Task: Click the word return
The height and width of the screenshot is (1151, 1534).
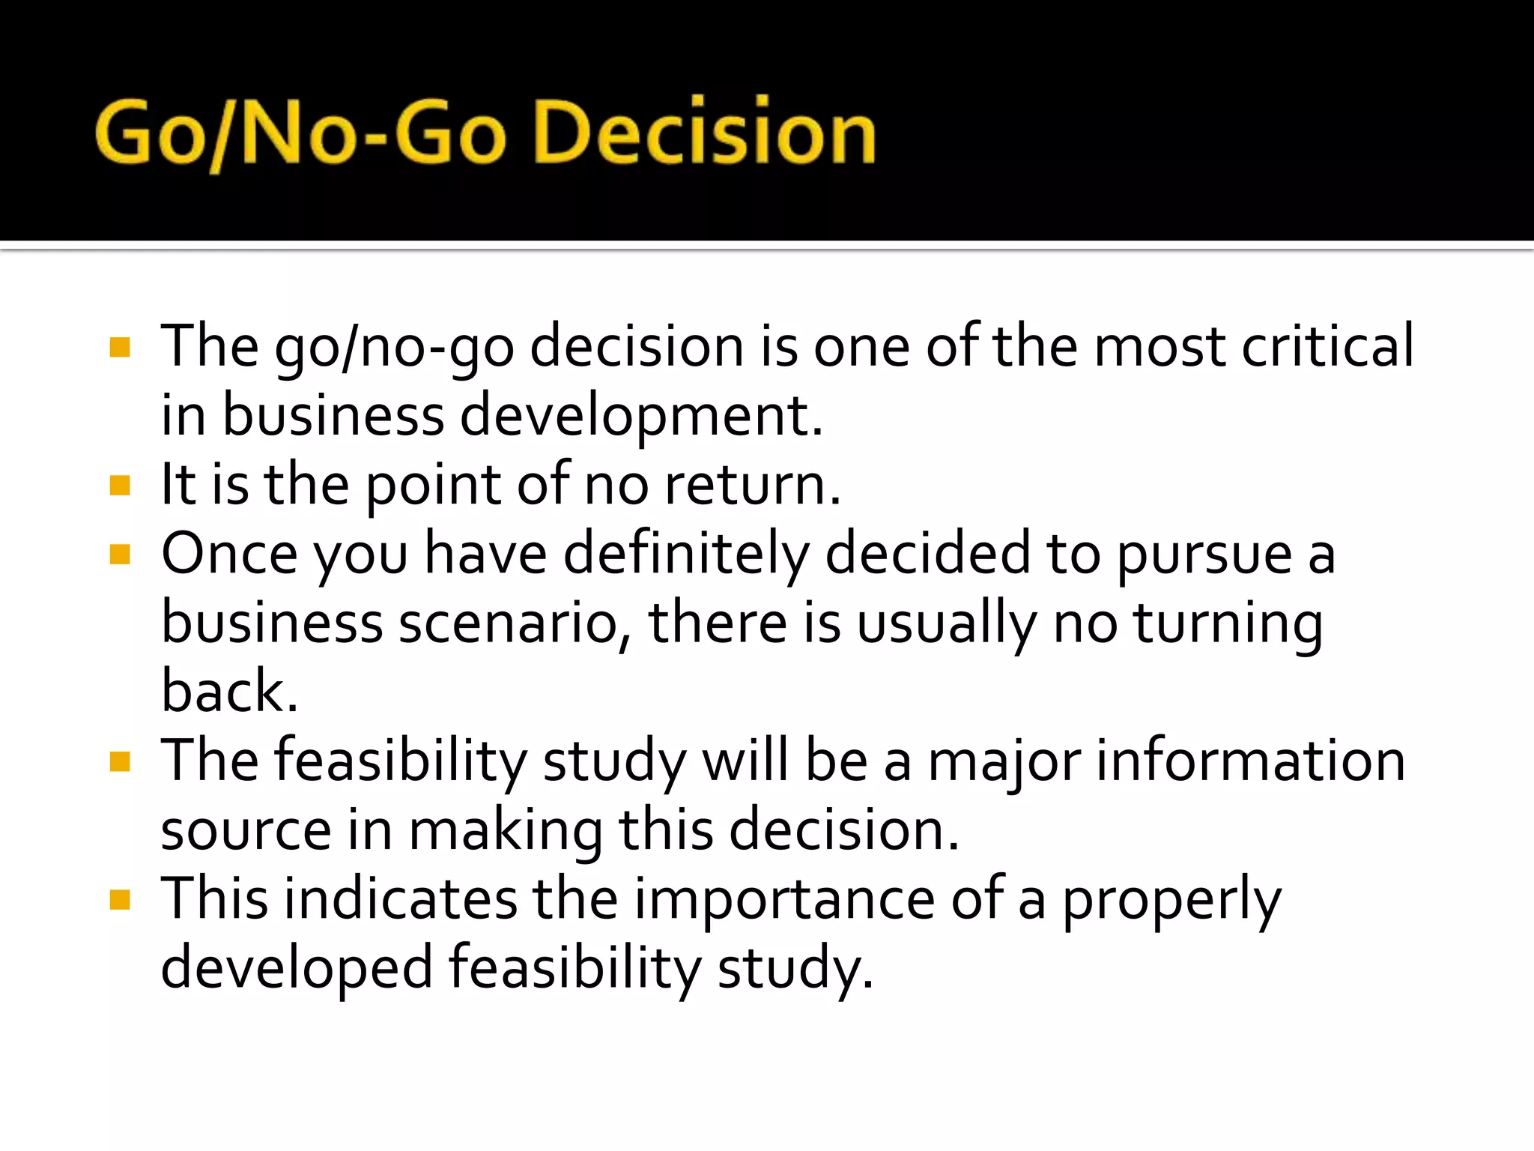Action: [x=752, y=485]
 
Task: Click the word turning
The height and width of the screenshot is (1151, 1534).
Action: [x=1228, y=624]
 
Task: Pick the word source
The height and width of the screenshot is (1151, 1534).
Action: [x=246, y=830]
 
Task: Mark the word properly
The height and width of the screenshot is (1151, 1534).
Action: [x=1171, y=900]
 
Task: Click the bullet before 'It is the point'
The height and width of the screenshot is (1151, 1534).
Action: [x=120, y=486]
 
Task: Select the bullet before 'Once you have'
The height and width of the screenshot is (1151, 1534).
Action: [x=120, y=555]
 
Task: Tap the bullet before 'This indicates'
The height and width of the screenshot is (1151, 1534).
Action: [x=120, y=899]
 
